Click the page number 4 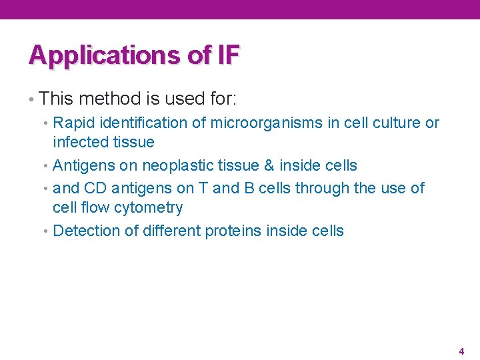point(461,351)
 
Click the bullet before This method point(31,100)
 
